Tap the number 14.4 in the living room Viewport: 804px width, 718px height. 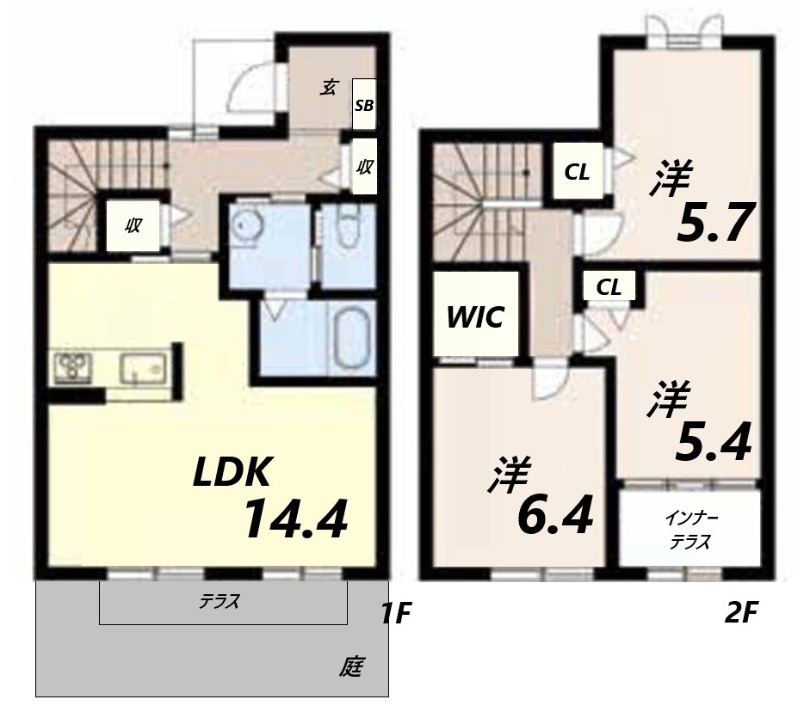coord(294,519)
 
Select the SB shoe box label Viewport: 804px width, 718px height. coord(364,107)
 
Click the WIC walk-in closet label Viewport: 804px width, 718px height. coord(474,317)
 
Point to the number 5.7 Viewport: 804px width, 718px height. coord(715,223)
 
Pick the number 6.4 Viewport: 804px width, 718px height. coord(555,517)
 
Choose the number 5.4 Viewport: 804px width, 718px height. coord(714,442)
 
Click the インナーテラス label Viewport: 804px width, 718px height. coord(690,531)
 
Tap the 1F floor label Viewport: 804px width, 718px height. coord(396,614)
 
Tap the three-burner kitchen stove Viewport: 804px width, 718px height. coord(73,368)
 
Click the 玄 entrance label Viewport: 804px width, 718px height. coord(328,86)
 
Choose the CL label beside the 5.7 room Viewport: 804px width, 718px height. coord(577,172)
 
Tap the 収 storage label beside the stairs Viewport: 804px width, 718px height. coord(133,226)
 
